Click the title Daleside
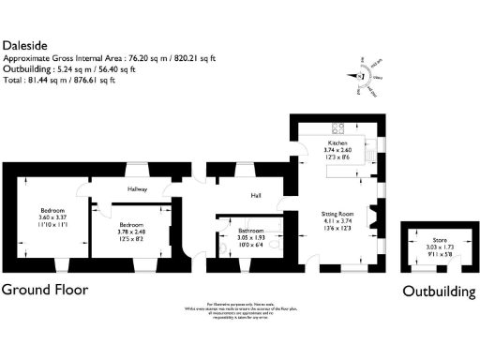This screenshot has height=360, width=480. [24, 44]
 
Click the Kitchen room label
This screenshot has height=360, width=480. [337, 142]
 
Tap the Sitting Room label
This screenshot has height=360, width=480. [337, 214]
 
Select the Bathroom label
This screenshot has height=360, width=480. [249, 230]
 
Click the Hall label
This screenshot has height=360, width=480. [255, 195]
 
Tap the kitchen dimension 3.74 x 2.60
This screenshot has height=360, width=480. [337, 149]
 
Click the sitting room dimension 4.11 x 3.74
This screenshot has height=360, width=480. [337, 221]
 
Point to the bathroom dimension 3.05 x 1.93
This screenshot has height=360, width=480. [249, 237]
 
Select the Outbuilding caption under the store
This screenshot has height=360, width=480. [439, 292]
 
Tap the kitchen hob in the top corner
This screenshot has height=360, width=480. [337, 129]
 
